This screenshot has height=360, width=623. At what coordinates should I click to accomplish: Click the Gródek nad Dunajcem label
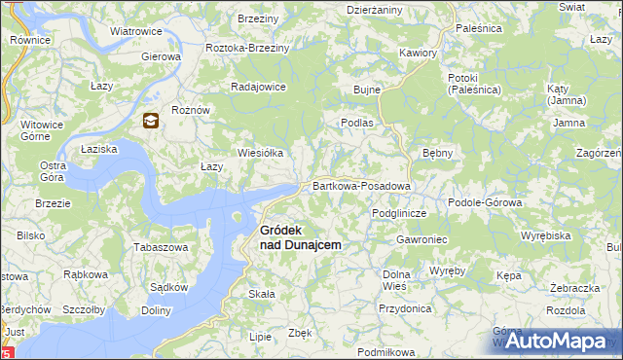pos(300,237)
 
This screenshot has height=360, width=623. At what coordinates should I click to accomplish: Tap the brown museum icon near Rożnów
pos(151,121)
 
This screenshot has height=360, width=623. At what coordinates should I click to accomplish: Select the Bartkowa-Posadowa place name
pos(361,185)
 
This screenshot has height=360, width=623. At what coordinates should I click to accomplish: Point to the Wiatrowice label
pos(135,31)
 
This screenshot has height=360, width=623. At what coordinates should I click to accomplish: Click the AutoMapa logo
pos(564,341)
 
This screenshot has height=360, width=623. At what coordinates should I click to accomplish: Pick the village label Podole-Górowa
pos(485,202)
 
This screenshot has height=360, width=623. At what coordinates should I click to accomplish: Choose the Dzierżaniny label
pos(375,10)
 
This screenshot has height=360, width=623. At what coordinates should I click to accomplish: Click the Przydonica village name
pos(405,307)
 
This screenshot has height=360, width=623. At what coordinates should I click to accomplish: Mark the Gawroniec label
pos(421,238)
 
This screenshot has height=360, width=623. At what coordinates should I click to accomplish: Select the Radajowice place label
pos(258,86)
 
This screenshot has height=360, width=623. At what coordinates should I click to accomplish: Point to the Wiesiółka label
pos(261,153)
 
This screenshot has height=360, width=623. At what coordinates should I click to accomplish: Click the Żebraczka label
pos(573,289)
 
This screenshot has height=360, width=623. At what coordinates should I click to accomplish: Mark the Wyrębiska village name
pos(545,235)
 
